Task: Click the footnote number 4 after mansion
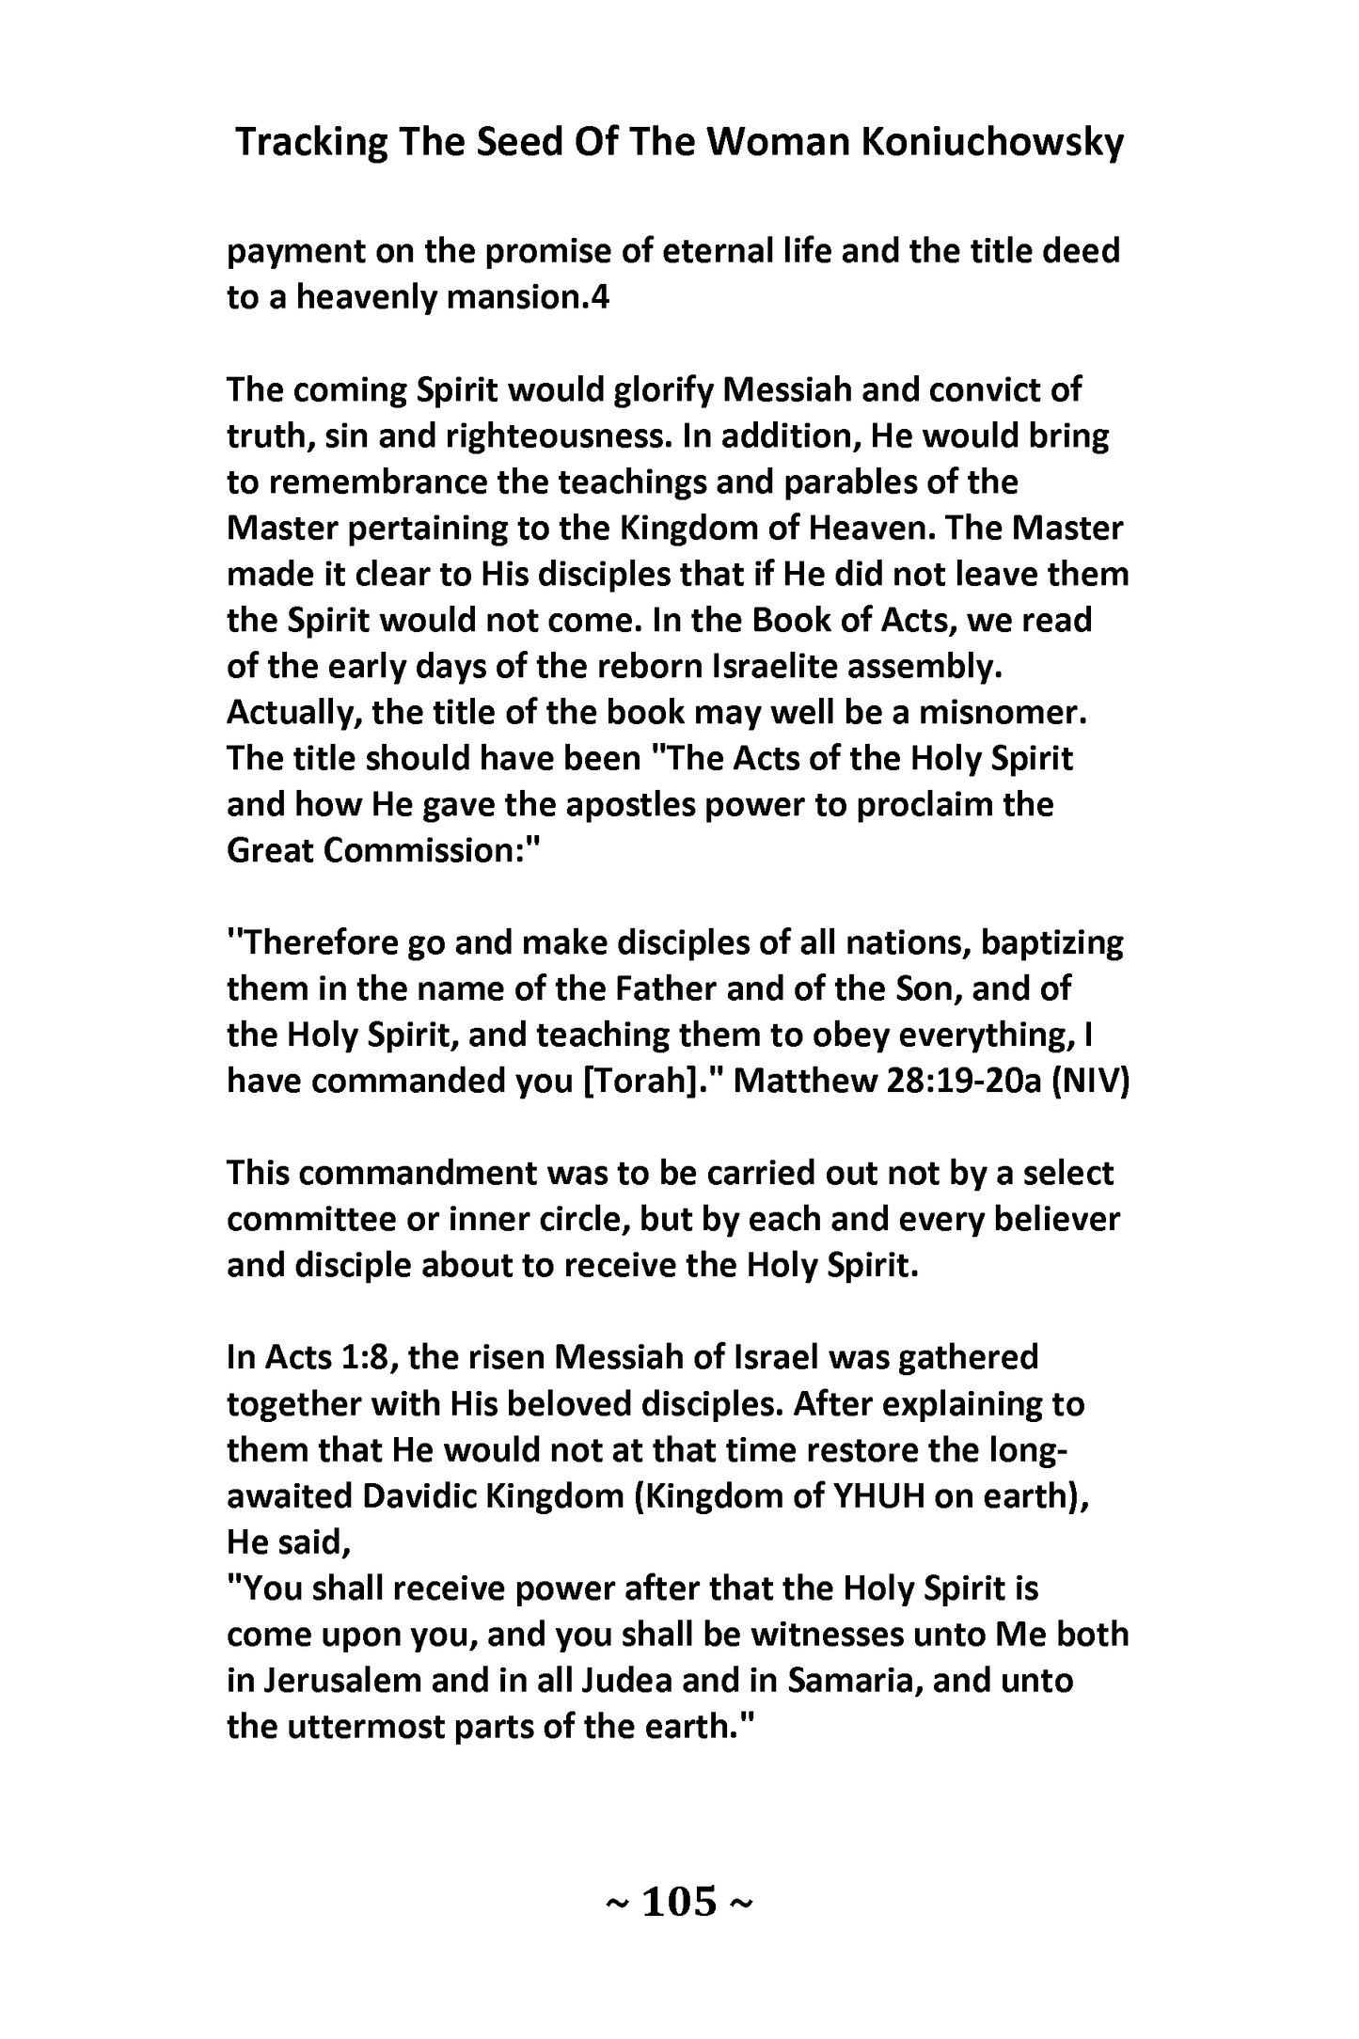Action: (x=601, y=298)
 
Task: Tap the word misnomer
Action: (x=1003, y=713)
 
